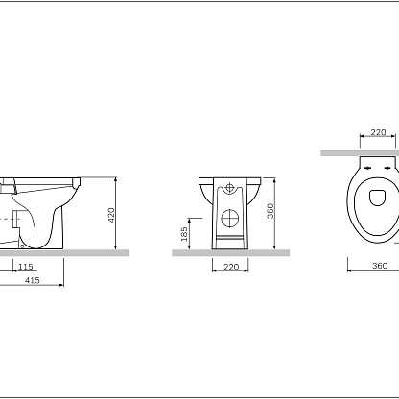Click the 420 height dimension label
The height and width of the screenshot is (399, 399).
click(111, 215)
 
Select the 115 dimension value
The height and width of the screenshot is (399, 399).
click(26, 267)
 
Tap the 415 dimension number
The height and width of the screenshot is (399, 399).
click(33, 280)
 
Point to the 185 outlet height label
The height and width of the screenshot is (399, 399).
click(184, 234)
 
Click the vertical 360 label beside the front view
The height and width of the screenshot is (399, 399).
click(270, 211)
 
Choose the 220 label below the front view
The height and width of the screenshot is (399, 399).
click(231, 267)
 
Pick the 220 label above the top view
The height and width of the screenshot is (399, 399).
click(378, 132)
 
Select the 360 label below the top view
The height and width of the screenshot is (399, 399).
click(380, 266)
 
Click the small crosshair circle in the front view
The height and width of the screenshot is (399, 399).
click(229, 188)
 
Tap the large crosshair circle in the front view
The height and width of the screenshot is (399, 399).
click(230, 219)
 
